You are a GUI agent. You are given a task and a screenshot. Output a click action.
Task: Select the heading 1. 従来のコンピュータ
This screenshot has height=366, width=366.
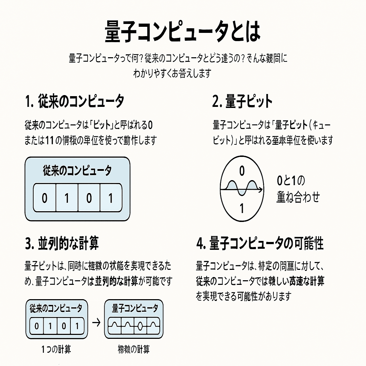(x=75, y=102)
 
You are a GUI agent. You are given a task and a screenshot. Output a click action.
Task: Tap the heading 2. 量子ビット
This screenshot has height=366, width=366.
(x=242, y=102)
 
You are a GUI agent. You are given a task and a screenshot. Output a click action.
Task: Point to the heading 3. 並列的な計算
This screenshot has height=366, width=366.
(x=62, y=243)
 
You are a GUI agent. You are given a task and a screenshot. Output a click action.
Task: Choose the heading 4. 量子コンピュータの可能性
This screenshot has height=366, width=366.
(x=260, y=243)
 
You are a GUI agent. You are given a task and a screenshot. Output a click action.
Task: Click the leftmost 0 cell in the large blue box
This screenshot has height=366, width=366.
(x=44, y=198)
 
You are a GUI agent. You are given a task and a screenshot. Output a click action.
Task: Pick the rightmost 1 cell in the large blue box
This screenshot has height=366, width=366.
(x=110, y=198)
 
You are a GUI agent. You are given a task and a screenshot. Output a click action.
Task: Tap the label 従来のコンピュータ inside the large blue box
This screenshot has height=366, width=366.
(x=77, y=170)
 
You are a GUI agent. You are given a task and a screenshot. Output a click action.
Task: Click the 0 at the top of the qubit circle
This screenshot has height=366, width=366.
(x=242, y=172)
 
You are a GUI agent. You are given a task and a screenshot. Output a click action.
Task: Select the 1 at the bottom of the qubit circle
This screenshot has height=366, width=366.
(x=242, y=208)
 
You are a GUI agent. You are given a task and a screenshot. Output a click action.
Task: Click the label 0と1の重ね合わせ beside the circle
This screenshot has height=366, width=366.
(x=297, y=189)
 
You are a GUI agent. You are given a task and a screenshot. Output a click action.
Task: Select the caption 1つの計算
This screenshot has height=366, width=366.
(x=56, y=349)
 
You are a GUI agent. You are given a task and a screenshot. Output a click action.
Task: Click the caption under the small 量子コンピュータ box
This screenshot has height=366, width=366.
(x=134, y=349)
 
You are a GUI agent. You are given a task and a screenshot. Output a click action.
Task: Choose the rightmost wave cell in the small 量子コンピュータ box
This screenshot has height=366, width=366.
(x=154, y=326)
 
